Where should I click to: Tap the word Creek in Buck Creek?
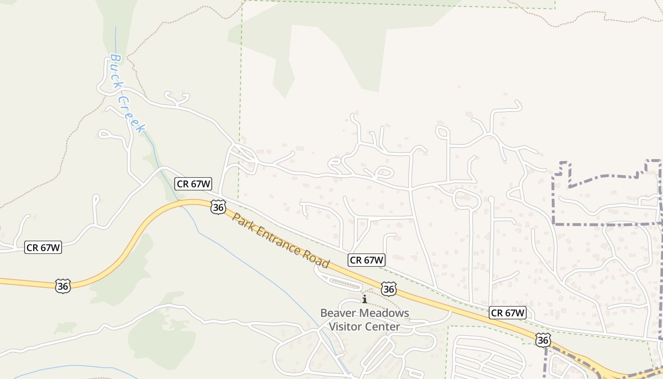tap(132, 115)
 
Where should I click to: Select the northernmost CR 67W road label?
tap(193, 184)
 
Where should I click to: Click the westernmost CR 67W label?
tap(43, 247)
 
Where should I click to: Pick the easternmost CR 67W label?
tap(508, 313)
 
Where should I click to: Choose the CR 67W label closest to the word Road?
tap(367, 260)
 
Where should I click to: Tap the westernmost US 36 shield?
tap(63, 286)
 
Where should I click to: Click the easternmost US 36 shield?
tap(543, 340)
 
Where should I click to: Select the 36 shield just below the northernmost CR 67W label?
tap(218, 207)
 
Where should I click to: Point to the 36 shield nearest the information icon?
tap(389, 289)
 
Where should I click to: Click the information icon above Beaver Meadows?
tap(365, 299)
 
